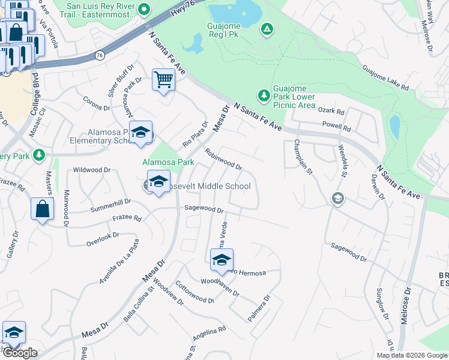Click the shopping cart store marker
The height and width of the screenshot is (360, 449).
(x=163, y=80)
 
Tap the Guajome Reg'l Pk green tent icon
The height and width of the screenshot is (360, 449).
(x=267, y=28)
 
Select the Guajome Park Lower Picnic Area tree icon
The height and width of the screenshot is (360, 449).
(x=263, y=95)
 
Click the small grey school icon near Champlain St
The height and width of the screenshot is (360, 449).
(x=337, y=199)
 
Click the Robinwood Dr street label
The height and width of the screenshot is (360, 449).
(x=223, y=159)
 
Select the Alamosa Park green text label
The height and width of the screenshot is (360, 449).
(x=167, y=162)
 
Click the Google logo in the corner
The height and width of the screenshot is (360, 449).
(x=20, y=353)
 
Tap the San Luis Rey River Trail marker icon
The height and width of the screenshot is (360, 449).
(x=143, y=9)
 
